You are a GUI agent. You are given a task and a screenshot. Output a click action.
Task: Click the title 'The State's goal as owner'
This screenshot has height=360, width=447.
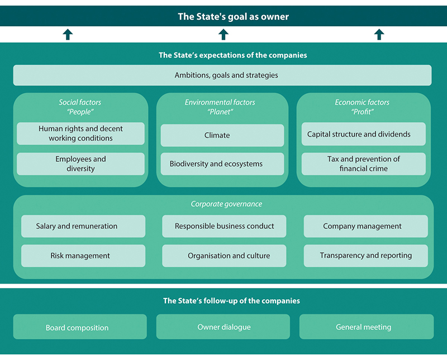coord(233,17)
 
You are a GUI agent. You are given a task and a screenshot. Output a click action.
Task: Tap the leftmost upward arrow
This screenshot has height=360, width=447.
coord(68,35)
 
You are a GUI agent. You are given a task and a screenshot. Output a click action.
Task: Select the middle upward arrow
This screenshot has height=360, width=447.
coord(223,35)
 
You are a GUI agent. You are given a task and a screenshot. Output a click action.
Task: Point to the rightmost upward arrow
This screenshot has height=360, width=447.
coord(379,35)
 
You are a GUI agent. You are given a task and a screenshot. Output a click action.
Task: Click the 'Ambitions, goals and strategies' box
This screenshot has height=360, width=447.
coord(222,75)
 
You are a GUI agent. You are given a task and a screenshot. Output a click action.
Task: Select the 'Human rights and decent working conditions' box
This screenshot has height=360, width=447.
coord(80,133)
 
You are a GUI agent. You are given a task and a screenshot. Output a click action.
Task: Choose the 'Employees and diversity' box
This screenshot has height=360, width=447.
coord(80,164)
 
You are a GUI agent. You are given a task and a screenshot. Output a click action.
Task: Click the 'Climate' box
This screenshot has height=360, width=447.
coord(222,135)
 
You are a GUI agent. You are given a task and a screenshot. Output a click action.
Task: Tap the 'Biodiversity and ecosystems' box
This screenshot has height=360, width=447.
coord(222,164)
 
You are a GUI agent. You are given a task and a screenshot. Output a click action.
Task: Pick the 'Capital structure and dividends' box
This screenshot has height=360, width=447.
coord(363,135)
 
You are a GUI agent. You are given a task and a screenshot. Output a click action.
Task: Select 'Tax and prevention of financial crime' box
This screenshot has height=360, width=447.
coord(363,164)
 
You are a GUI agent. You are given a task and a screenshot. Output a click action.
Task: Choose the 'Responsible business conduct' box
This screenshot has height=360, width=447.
coord(224,226)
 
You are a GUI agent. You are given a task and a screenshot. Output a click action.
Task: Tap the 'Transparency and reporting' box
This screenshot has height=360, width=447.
coord(365,256)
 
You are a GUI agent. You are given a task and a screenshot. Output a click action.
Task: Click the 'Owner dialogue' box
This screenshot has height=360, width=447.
coord(223,327)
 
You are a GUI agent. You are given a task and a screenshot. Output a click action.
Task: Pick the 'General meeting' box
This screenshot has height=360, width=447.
coord(366,327)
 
